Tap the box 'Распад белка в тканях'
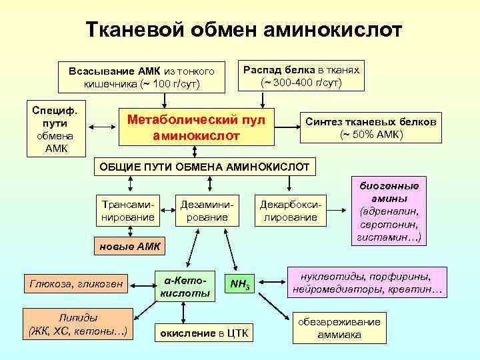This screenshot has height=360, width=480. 301,76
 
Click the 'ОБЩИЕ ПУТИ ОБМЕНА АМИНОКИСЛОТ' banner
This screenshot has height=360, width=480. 205,166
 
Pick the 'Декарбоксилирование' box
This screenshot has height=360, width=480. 290,209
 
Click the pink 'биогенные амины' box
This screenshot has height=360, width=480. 389,211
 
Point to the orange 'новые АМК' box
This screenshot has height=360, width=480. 130,247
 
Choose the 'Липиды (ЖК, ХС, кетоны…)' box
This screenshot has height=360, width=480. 75,323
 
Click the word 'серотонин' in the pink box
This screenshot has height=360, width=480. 390,225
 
